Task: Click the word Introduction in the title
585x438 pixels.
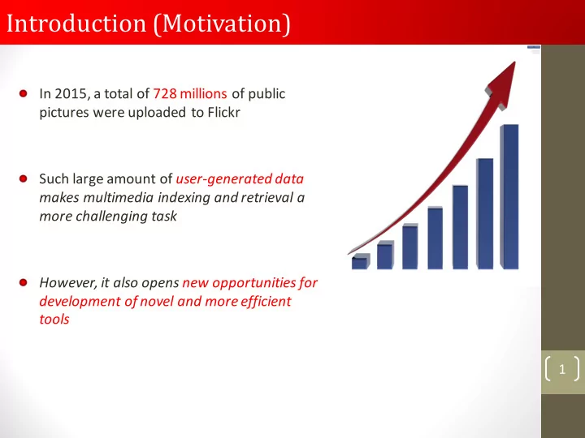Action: point(76,23)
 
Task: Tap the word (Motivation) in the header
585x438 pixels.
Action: point(222,24)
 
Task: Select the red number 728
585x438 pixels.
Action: point(165,93)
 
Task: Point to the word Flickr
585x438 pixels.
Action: point(224,112)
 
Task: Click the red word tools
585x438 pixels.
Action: point(54,320)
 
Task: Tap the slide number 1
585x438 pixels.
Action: point(562,369)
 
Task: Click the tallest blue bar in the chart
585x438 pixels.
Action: point(509,196)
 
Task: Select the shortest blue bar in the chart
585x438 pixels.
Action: point(361,261)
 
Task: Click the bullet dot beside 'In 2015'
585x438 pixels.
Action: point(23,93)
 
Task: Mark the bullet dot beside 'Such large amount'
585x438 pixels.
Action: point(23,178)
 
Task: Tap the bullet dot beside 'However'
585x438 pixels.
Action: point(23,282)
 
